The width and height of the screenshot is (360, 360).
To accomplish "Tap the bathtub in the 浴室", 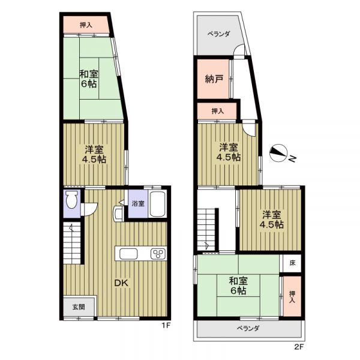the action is pyautogui.click(x=157, y=204).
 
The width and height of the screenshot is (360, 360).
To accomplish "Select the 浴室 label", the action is pyautogui.click(x=138, y=203).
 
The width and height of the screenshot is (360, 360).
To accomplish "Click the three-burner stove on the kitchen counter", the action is pyautogui.click(x=158, y=254).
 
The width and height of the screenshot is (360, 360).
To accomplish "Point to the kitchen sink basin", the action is pyautogui.click(x=128, y=254).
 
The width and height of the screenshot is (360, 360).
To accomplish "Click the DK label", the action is pyautogui.click(x=121, y=283).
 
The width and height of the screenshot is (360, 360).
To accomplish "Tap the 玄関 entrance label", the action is pyautogui.click(x=79, y=307).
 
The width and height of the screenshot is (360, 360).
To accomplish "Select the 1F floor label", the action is pyautogui.click(x=166, y=325).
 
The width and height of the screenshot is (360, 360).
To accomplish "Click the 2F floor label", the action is pyautogui.click(x=299, y=353).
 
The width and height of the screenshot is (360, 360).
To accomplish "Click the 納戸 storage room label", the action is pyautogui.click(x=214, y=79).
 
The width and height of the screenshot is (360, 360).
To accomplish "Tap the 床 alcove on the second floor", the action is pyautogui.click(x=292, y=263).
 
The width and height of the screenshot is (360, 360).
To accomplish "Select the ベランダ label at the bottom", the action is pyautogui.click(x=248, y=328).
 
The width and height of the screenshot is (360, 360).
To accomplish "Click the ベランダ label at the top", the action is pyautogui.click(x=219, y=34).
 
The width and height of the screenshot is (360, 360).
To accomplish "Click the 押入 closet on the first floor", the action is pyautogui.click(x=86, y=25).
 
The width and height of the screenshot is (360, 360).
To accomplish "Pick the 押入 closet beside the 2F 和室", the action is pyautogui.click(x=292, y=296).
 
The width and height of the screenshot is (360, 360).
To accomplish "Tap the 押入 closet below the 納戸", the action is pyautogui.click(x=217, y=111).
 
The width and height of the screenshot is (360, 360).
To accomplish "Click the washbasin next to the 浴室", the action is pyautogui.click(x=118, y=214).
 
